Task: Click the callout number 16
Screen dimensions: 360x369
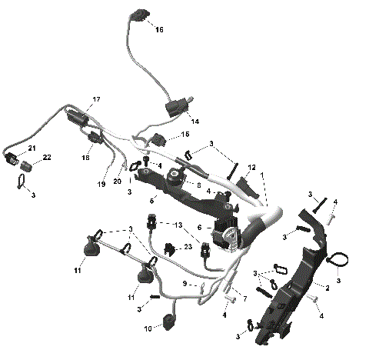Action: point(159,29)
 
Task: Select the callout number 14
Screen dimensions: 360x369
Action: point(194,122)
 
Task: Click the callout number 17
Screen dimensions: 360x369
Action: point(97,100)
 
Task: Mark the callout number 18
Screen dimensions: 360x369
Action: point(86,156)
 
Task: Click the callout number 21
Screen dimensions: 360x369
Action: point(32,148)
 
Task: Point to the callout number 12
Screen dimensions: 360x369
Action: point(251,167)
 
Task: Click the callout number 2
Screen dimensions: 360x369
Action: point(327,287)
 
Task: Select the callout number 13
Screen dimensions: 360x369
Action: point(179,225)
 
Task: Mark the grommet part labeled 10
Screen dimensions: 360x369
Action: point(168,319)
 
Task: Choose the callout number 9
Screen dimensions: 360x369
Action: point(184,283)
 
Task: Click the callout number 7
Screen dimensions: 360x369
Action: point(244,298)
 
